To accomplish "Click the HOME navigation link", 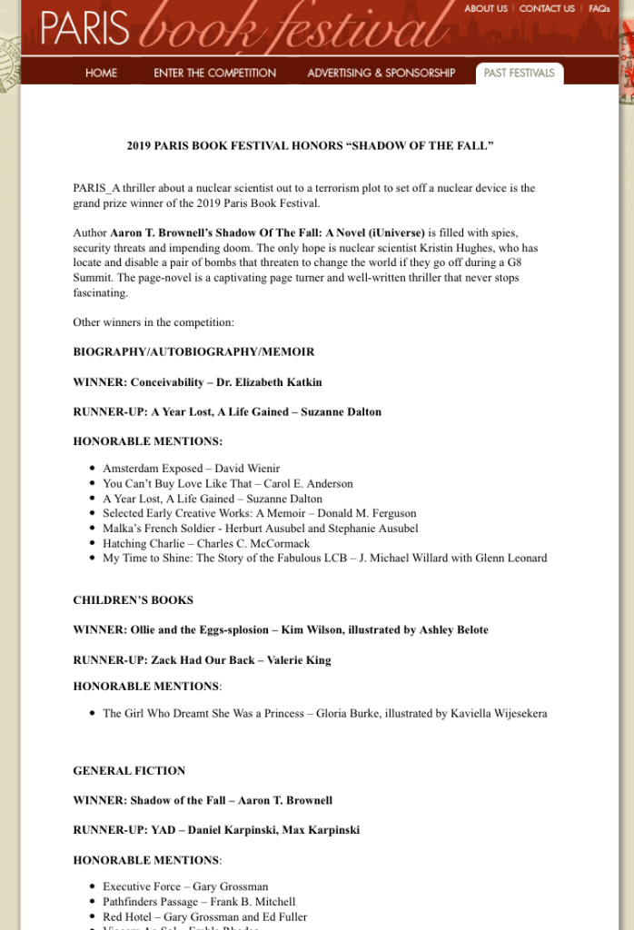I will pyautogui.click(x=101, y=73).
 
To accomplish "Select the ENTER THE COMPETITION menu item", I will pyautogui.click(x=214, y=73).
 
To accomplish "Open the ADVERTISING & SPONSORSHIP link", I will pyautogui.click(x=381, y=73).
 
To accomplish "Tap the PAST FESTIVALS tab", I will pyautogui.click(x=519, y=73).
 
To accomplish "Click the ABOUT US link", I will pyautogui.click(x=486, y=9).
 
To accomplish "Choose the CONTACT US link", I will pyautogui.click(x=547, y=9).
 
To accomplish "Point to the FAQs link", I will pyautogui.click(x=599, y=9).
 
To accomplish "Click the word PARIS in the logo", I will pyautogui.click(x=84, y=29).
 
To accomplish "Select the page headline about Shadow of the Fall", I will pyautogui.click(x=310, y=145).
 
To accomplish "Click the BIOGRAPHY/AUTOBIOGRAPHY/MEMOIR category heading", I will pyautogui.click(x=193, y=351).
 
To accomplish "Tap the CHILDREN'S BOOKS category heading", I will pyautogui.click(x=133, y=600).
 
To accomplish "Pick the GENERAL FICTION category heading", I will pyautogui.click(x=129, y=771).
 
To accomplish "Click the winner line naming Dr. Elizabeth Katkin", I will pyautogui.click(x=197, y=382).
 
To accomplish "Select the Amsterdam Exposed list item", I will pyautogui.click(x=191, y=469).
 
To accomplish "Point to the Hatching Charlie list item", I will pyautogui.click(x=206, y=543).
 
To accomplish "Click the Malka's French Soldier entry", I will pyautogui.click(x=260, y=529).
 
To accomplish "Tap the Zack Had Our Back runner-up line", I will pyautogui.click(x=202, y=660).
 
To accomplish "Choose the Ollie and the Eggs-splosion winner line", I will pyautogui.click(x=280, y=630).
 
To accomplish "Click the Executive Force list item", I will pyautogui.click(x=185, y=886).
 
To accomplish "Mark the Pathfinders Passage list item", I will pyautogui.click(x=199, y=902).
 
